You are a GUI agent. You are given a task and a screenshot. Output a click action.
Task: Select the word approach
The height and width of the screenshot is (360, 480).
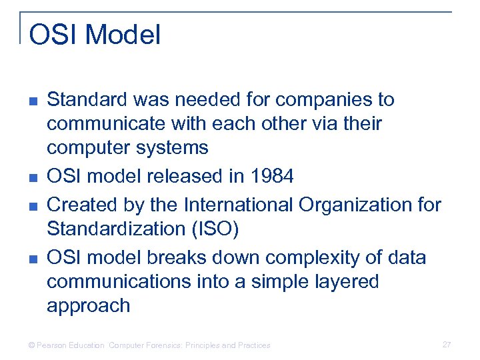pos(88,306)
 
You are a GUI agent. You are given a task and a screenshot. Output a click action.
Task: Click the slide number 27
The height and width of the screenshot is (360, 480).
pos(447,345)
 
